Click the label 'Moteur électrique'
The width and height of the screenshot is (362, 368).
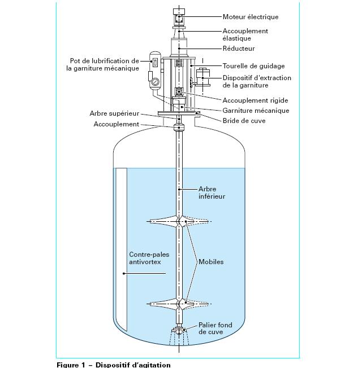coord(251,17)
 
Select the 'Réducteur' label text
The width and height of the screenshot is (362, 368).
coord(239,49)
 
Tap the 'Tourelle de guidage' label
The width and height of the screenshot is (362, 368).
coord(253,66)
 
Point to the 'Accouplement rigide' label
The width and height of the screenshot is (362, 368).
coord(255,100)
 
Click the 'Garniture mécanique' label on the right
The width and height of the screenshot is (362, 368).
coord(256,111)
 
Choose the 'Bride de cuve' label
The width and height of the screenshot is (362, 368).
coord(244,121)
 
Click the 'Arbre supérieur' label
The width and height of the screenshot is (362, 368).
coord(114,113)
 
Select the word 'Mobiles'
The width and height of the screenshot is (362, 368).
coord(211,262)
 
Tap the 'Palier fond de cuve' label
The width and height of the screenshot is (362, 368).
coord(216,328)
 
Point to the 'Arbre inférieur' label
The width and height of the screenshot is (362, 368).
coord(212,192)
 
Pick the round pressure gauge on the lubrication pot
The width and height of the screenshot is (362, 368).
coord(155,82)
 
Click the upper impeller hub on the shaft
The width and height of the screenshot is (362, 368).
coord(179,222)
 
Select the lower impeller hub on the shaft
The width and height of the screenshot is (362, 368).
coord(179,304)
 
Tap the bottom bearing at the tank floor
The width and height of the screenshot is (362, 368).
coord(179,330)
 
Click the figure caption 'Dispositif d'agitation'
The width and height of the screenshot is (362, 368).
coord(133,365)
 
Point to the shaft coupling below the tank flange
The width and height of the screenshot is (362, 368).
coord(179,128)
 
